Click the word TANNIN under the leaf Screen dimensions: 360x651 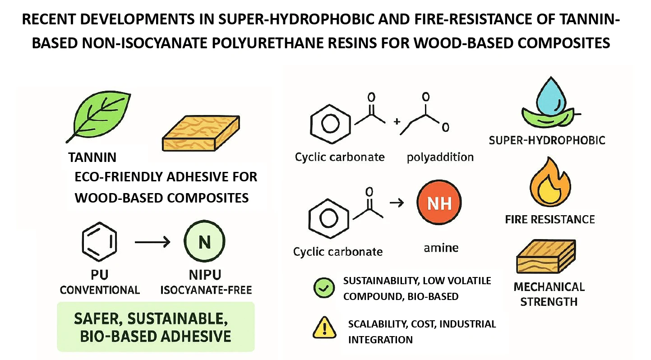pos(92,157)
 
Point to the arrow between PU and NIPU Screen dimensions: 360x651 pos(152,243)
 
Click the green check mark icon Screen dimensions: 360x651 pos(323,287)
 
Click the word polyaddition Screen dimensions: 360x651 pos(440,157)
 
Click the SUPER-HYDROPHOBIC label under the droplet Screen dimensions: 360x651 pos(547,140)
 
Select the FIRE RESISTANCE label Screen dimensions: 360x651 pos(549,220)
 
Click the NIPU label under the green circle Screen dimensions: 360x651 pos(205,275)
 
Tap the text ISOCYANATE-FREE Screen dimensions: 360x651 pos(206,290)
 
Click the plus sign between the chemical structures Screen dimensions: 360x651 pos(397,121)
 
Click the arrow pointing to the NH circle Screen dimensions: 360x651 pos(396,203)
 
